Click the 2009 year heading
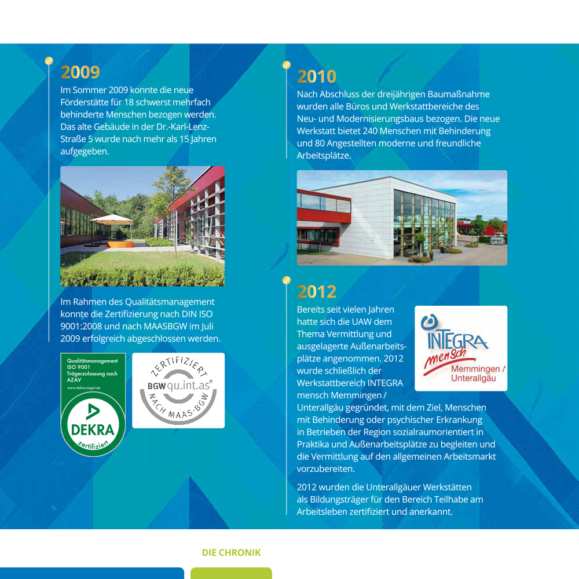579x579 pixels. click(80, 72)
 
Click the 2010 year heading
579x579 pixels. click(317, 76)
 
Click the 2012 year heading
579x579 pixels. click(317, 291)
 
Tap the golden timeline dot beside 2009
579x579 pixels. click(49, 60)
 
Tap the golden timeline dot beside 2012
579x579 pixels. click(286, 280)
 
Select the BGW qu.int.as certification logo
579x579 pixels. click(178, 390)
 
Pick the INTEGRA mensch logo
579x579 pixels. click(461, 348)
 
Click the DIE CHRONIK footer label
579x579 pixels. click(231, 553)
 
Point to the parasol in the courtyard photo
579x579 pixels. click(112, 218)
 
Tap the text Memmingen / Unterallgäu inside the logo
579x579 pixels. click(477, 374)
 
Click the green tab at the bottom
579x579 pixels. click(231, 573)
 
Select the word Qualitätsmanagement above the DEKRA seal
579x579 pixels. click(92, 361)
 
